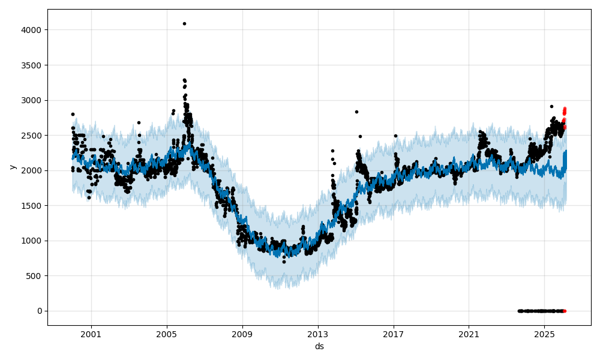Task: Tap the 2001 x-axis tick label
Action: (91, 334)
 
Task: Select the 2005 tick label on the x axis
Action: (167, 334)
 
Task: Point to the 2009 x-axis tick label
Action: (242, 334)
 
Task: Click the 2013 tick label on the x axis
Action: (318, 334)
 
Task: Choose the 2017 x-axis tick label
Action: (394, 334)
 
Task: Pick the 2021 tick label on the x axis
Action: (469, 334)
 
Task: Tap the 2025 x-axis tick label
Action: (544, 334)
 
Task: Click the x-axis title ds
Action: (319, 346)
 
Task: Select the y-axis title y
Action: (11, 167)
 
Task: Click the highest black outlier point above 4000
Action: (184, 23)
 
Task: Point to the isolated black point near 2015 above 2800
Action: (356, 112)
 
